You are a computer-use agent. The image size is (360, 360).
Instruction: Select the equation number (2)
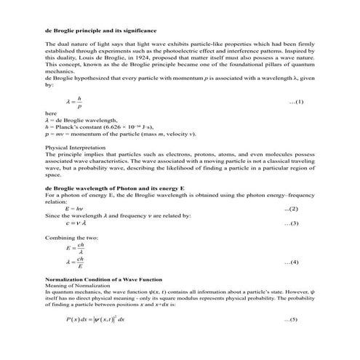pyautogui.click(x=290, y=209)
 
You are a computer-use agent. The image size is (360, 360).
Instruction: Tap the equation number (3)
pyautogui.click(x=290, y=223)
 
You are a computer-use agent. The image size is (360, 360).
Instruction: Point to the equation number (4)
pyautogui.click(x=290, y=261)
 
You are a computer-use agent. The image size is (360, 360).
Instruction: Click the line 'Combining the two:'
pyautogui.click(x=70, y=237)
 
